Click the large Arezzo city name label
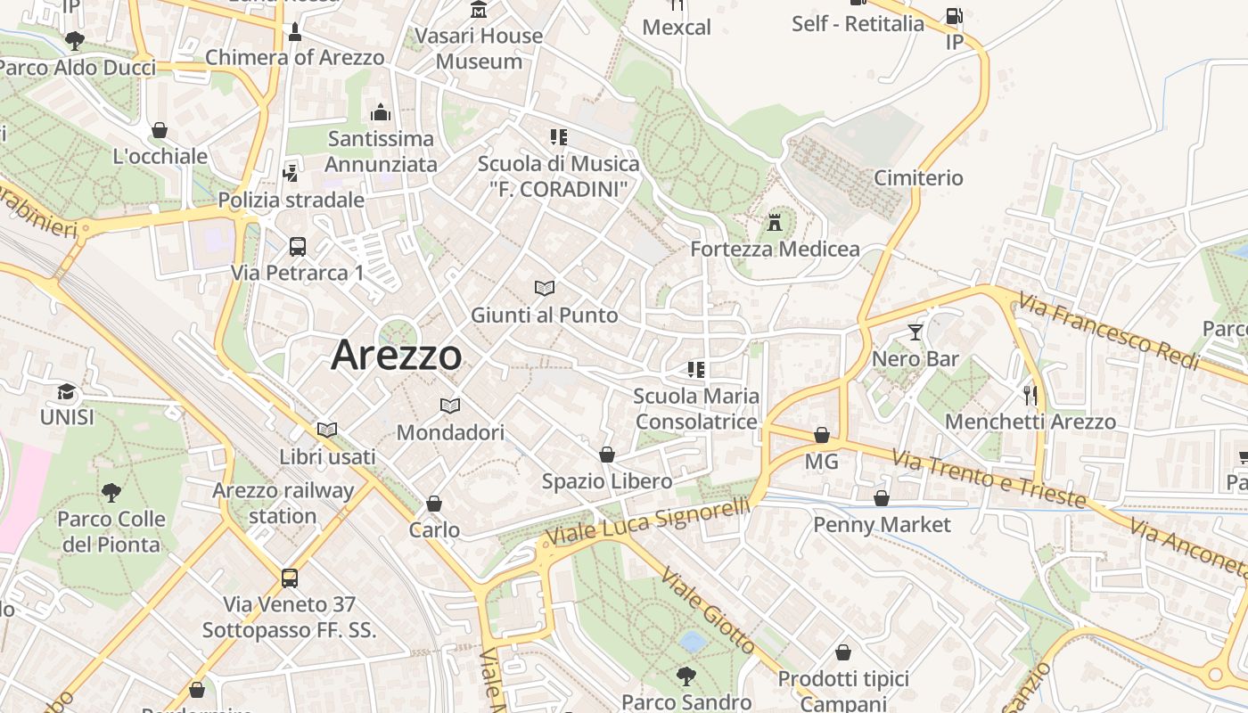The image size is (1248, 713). (397, 356)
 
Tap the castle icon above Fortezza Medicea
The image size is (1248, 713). (775, 222)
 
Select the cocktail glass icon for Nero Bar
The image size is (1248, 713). (915, 332)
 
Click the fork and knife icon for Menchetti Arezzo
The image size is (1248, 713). (1030, 394)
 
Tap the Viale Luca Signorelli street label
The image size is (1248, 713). (649, 522)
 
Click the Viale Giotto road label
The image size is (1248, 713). (710, 612)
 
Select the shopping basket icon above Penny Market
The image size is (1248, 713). (882, 498)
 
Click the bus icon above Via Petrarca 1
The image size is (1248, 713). (298, 246)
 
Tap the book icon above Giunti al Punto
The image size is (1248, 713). (544, 288)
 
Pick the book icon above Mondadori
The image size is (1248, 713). (450, 406)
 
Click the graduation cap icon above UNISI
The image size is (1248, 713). (67, 391)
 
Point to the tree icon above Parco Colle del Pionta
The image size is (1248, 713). (111, 492)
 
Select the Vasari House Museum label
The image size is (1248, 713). (480, 48)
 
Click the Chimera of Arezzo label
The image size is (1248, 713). (295, 58)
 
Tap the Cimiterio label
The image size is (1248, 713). (918, 177)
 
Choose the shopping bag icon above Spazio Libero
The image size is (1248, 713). (607, 455)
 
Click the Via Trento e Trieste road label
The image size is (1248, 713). (989, 478)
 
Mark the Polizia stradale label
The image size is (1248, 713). (291, 200)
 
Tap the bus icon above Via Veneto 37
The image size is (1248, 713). (290, 578)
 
